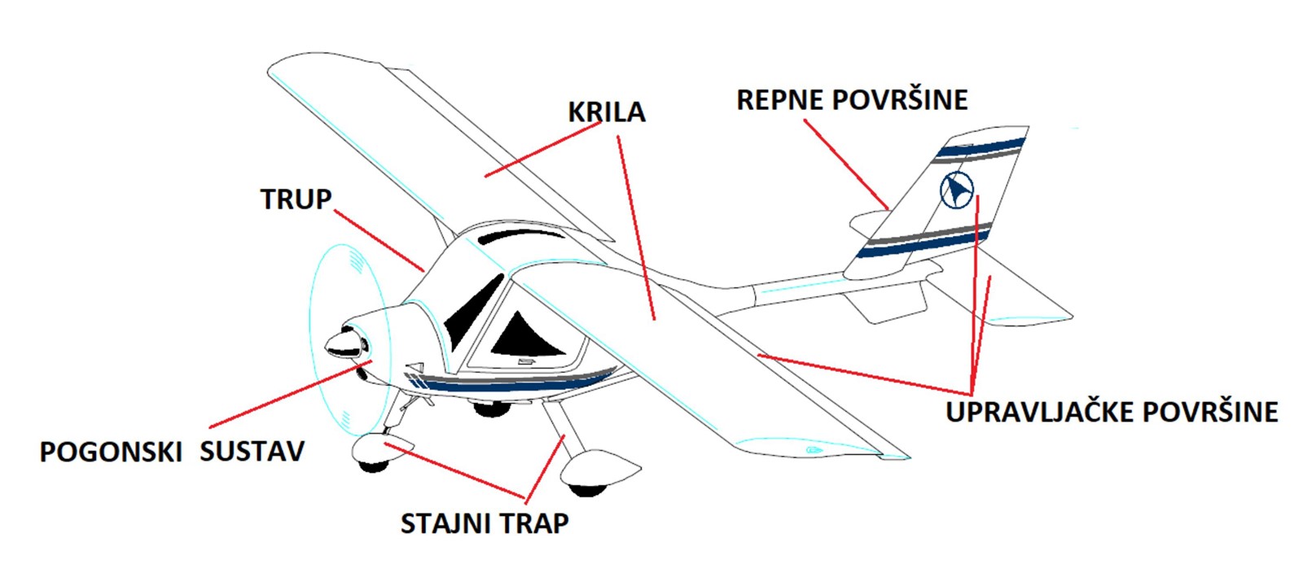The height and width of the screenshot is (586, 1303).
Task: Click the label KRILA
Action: [606, 112]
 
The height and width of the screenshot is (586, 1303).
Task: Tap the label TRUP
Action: [296, 199]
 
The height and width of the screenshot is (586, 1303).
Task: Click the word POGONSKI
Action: [111, 452]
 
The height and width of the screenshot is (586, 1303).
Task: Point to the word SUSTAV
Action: [252, 452]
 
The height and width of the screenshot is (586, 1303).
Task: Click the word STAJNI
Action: [445, 523]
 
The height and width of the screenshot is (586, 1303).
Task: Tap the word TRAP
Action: [533, 523]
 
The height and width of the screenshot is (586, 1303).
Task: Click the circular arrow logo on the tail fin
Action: [956, 190]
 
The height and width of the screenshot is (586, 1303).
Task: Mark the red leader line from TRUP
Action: [379, 241]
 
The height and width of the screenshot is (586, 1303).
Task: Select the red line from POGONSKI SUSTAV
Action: [289, 394]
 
